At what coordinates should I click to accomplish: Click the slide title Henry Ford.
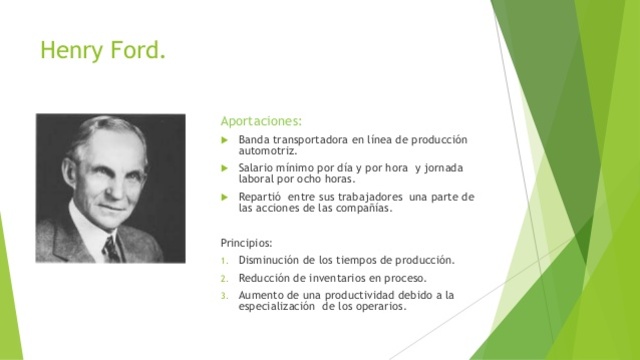point(102,48)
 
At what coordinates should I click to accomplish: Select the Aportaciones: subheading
point(260,121)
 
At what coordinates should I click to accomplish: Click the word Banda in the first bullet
point(254,139)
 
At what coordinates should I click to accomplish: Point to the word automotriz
point(268,151)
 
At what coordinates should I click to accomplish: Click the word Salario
point(256,168)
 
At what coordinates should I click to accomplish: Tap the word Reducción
point(265,278)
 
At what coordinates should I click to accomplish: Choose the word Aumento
point(261,295)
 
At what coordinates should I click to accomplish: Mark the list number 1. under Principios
point(225,260)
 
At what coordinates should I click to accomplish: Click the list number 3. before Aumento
point(225,295)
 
